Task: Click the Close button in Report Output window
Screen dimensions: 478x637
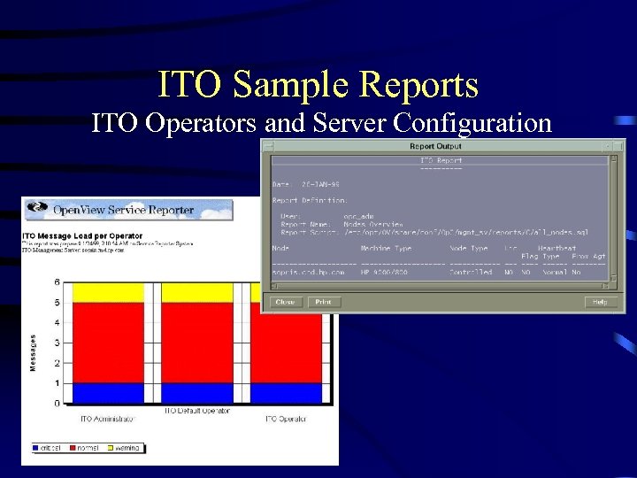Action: [x=285, y=302]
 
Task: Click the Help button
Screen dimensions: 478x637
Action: [x=599, y=302]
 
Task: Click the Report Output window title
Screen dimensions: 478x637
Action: [x=435, y=146]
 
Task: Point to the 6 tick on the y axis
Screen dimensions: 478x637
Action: [x=58, y=282]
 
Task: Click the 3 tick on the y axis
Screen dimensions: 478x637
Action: [x=58, y=343]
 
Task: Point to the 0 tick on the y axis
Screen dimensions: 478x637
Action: [x=58, y=404]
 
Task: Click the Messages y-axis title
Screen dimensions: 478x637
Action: [x=35, y=351]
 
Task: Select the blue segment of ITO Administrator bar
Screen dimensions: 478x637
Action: [x=106, y=393]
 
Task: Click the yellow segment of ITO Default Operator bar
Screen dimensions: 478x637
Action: [x=196, y=292]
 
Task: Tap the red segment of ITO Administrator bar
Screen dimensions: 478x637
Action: [x=106, y=343]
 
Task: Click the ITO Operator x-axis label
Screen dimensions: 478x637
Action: [x=285, y=418]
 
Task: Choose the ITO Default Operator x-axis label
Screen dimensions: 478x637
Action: [x=196, y=411]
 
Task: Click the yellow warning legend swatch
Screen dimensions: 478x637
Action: [x=113, y=448]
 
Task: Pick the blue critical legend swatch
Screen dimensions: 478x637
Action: [x=36, y=448]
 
